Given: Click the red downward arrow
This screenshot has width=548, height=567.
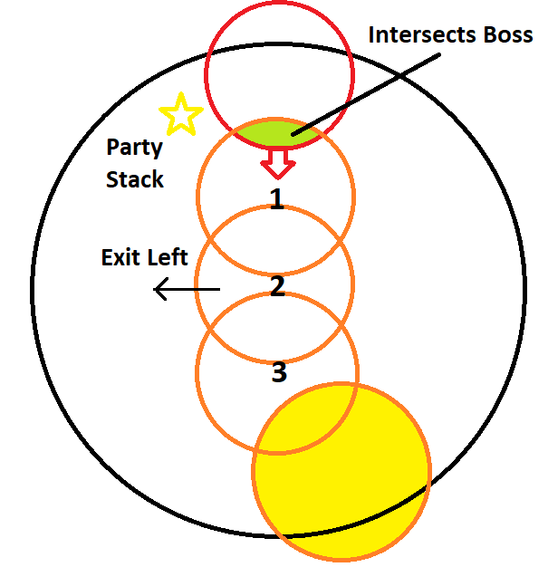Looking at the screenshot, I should pyautogui.click(x=278, y=164).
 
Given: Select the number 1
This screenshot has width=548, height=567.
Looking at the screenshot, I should pyautogui.click(x=277, y=199).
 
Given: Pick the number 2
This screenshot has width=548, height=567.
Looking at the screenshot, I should pyautogui.click(x=277, y=286).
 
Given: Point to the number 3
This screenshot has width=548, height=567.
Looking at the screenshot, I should pyautogui.click(x=279, y=371).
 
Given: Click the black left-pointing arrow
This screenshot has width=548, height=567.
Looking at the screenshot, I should pyautogui.click(x=187, y=290).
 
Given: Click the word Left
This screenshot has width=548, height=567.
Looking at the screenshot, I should pyautogui.click(x=168, y=258).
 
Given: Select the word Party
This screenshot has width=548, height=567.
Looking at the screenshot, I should pyautogui.click(x=135, y=147).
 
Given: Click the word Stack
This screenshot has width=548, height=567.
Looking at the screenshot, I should pyautogui.click(x=135, y=178).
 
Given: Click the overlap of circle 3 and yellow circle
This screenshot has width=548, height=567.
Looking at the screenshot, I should pyautogui.click(x=308, y=417).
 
